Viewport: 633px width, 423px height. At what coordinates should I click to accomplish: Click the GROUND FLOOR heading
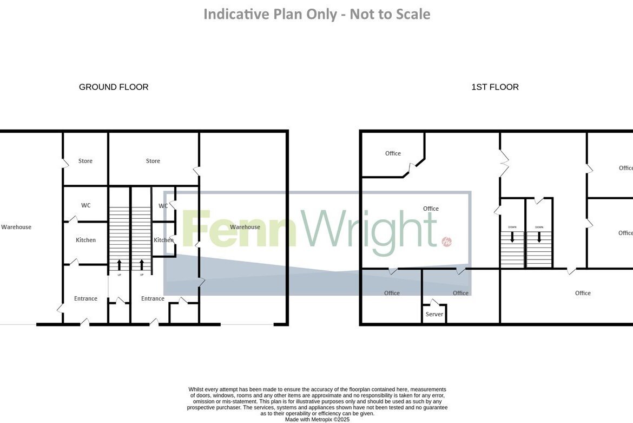[x=114, y=87]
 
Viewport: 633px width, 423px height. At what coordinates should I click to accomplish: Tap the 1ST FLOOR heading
[x=495, y=87]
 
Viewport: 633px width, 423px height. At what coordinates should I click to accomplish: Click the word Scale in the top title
[x=412, y=14]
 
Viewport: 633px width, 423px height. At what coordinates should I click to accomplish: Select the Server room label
[x=434, y=314]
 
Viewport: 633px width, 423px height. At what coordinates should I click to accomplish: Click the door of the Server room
[x=434, y=302]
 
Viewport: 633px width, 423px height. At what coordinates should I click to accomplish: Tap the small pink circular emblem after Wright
[x=446, y=241]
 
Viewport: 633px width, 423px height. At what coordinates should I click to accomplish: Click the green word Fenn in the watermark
[x=239, y=228]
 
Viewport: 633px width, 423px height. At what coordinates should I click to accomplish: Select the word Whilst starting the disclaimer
[x=196, y=389]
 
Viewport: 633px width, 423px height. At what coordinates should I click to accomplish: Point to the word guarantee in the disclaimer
[x=434, y=408]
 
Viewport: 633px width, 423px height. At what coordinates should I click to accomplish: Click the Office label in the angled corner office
[x=393, y=153]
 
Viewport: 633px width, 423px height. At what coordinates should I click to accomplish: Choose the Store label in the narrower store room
[x=85, y=161]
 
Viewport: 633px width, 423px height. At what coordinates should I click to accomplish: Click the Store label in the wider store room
[x=153, y=161]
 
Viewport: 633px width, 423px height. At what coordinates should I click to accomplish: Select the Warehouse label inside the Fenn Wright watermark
[x=245, y=227]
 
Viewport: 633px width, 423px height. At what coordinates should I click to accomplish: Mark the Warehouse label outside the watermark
[x=16, y=227]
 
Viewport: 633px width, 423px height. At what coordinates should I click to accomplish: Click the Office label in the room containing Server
[x=460, y=293]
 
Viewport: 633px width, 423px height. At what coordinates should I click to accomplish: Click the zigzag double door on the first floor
[x=503, y=163]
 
